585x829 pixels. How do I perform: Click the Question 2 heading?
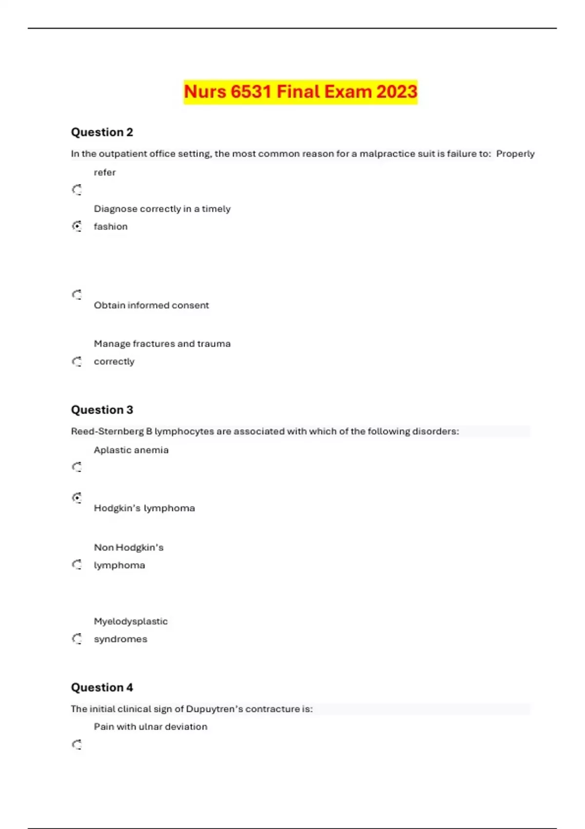(x=102, y=132)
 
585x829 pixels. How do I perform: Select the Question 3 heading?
(x=102, y=410)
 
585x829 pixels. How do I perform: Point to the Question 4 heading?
(x=102, y=687)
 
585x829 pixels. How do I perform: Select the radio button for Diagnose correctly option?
(x=77, y=226)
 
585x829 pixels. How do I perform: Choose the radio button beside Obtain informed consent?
(x=77, y=295)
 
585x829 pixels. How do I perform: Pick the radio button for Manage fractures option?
(x=77, y=361)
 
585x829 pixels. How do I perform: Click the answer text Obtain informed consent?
(x=151, y=305)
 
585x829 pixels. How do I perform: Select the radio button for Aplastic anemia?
(x=77, y=467)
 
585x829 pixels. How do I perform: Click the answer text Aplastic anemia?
(x=131, y=450)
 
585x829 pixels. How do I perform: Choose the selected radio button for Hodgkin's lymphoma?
(x=77, y=498)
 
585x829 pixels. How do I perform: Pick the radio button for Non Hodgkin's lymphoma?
(x=77, y=565)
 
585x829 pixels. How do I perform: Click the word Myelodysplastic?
(x=131, y=621)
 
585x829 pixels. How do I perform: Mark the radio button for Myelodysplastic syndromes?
(x=77, y=639)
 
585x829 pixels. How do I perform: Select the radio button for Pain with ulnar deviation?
(x=77, y=745)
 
